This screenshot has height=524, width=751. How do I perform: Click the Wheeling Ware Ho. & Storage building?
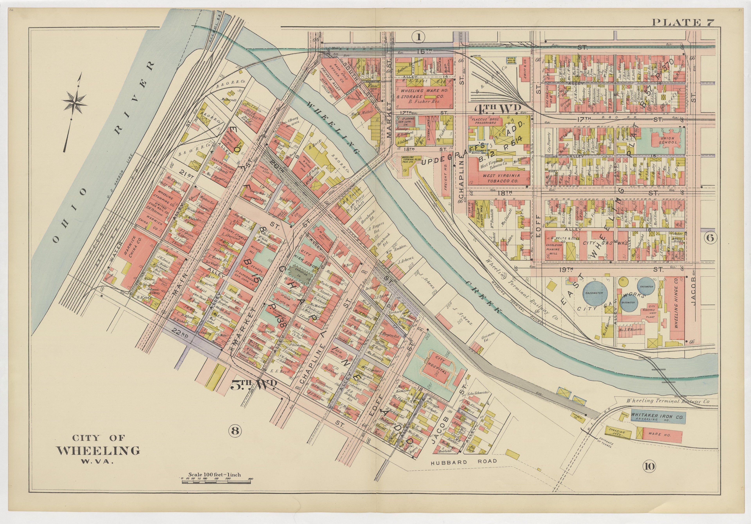tap(424, 93)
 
